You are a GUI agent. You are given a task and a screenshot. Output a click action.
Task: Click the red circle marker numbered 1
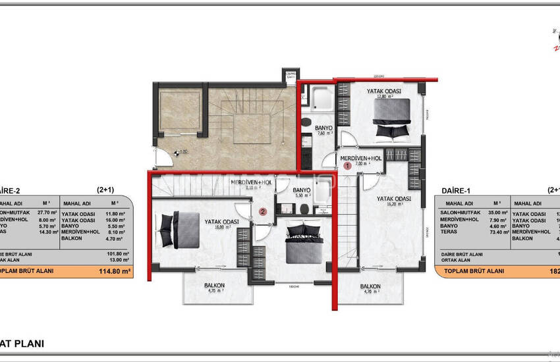tap(347, 167)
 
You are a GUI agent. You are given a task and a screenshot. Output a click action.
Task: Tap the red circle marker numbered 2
tap(263, 212)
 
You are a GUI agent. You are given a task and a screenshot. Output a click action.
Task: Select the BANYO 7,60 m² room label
tap(323, 130)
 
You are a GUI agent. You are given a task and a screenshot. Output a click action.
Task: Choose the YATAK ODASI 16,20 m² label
tap(394, 201)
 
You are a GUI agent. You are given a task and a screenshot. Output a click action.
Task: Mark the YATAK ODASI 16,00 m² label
tap(221, 224)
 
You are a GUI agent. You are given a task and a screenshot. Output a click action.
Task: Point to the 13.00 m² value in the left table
tap(120, 259)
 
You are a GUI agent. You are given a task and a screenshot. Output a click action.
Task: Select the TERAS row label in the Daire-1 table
tap(451, 232)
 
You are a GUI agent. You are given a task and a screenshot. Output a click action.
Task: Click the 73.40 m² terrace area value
tap(498, 232)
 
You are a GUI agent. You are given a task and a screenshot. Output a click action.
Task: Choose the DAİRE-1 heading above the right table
tap(455, 190)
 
